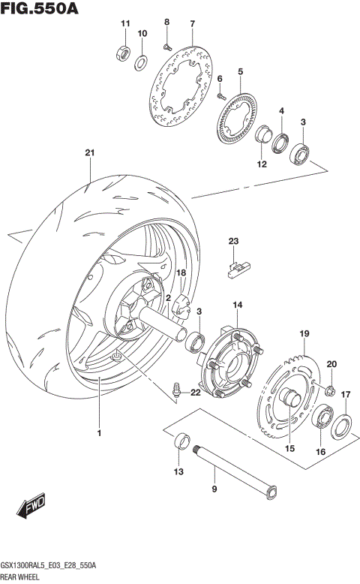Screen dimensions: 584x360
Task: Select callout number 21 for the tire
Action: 90,154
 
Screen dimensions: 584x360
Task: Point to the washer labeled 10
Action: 141,60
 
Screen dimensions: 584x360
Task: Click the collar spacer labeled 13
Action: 181,442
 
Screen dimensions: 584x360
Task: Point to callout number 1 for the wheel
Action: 98,433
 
